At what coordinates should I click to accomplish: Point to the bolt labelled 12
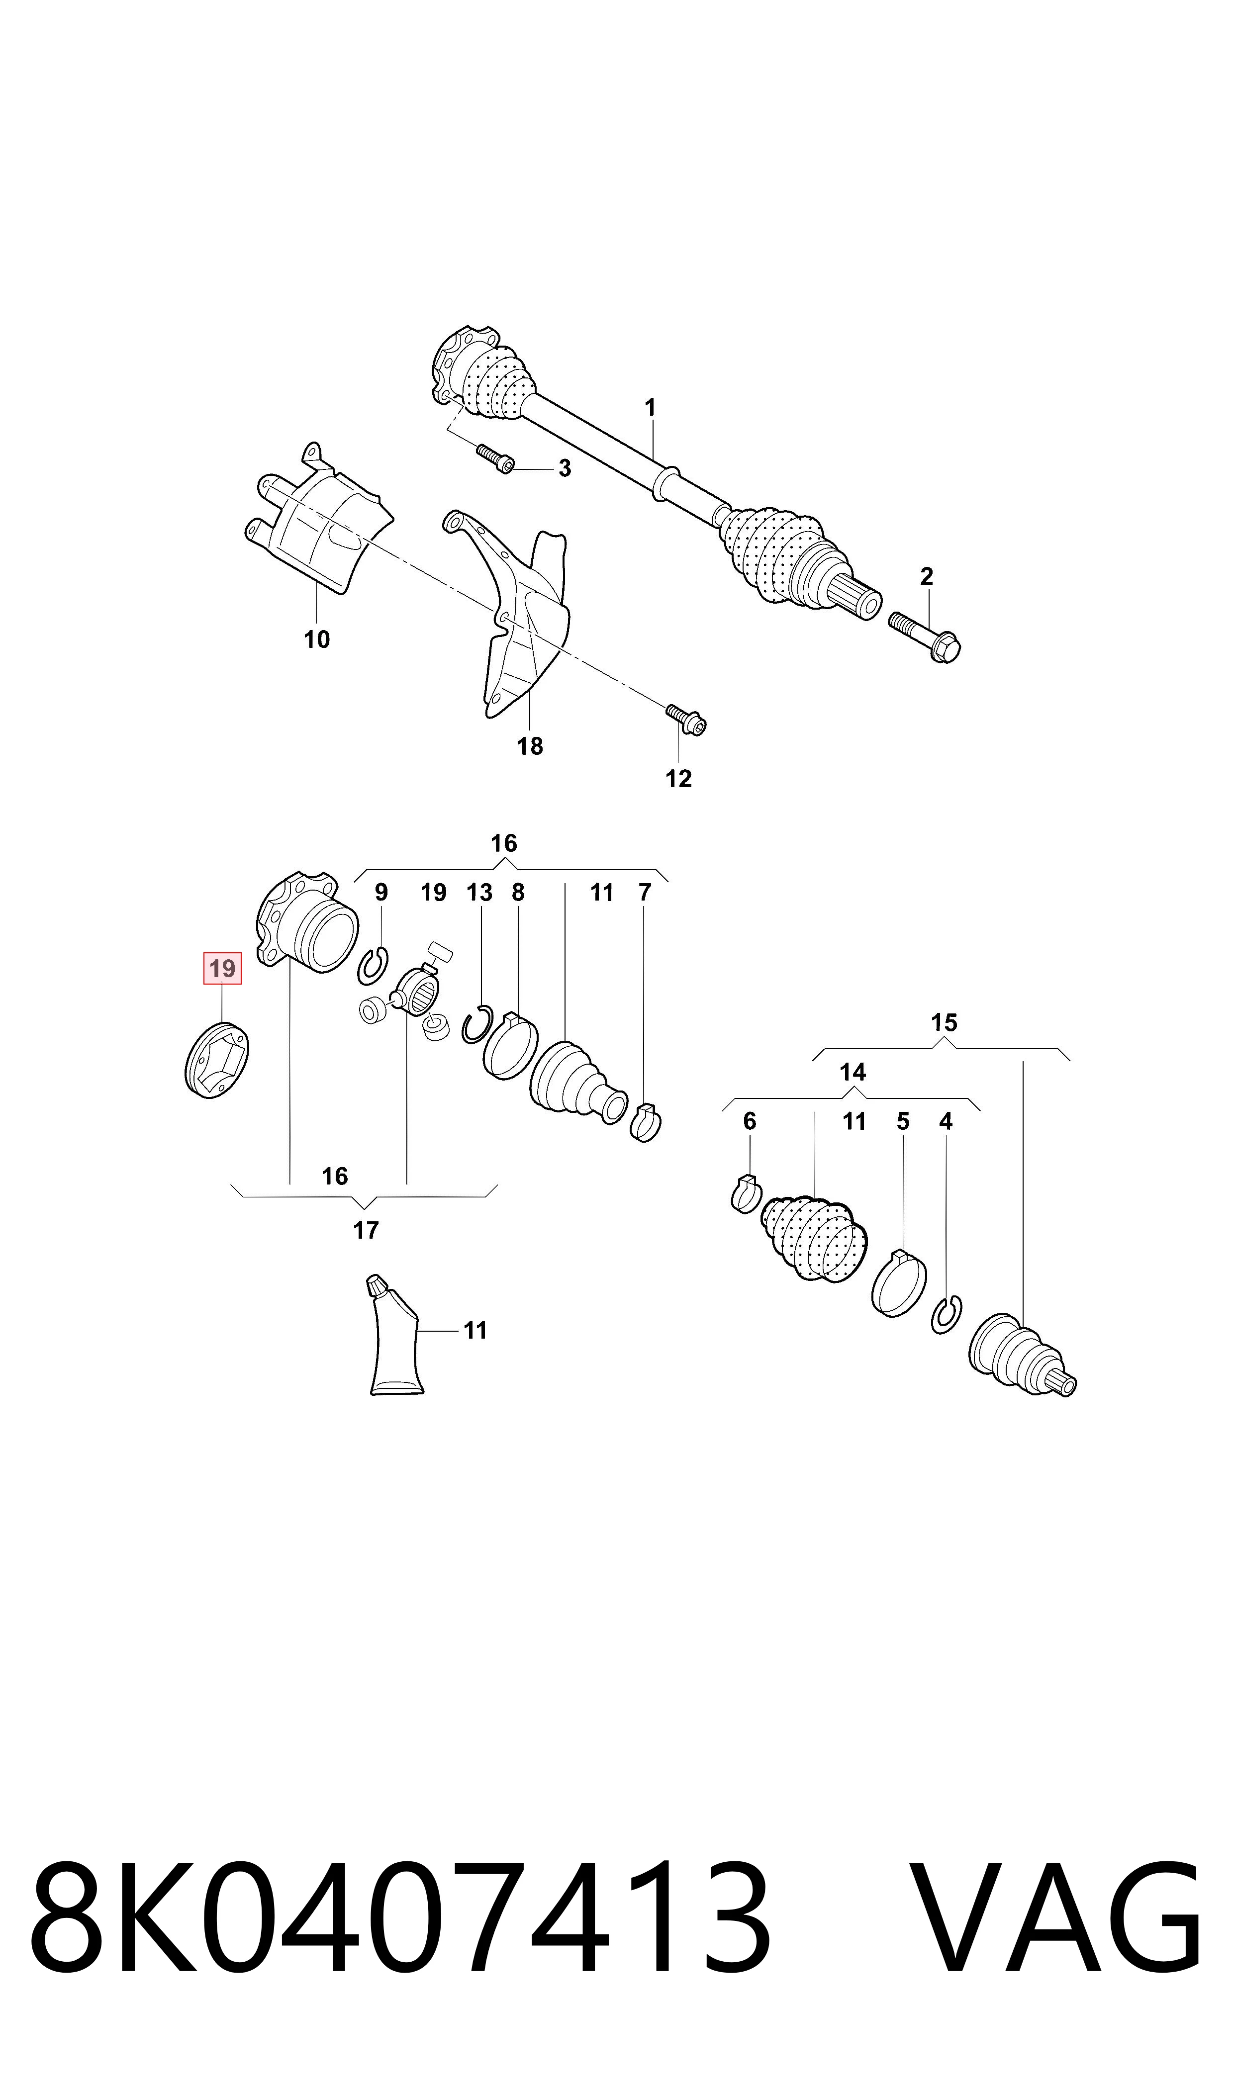686,720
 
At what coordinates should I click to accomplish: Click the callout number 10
317,639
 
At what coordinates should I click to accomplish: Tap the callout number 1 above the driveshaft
650,408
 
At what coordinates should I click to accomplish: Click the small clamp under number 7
646,1122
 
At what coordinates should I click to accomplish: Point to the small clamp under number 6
747,1194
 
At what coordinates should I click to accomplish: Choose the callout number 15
944,1022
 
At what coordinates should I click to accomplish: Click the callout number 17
366,1230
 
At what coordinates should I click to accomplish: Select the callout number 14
853,1072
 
